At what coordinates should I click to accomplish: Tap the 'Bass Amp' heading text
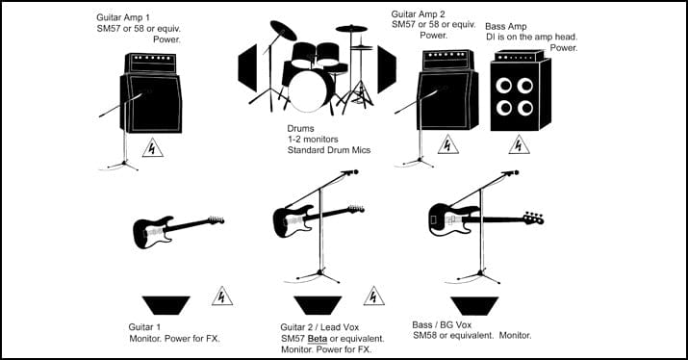tap(506, 27)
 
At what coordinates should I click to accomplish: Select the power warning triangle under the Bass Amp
tap(521, 146)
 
